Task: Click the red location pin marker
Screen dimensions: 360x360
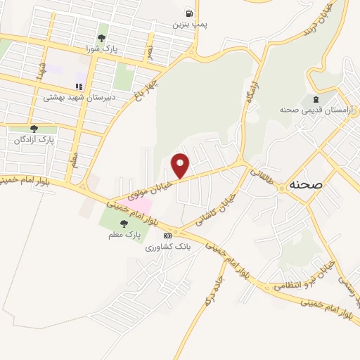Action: pyautogui.click(x=181, y=165)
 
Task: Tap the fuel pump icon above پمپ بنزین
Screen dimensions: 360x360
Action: pyautogui.click(x=188, y=13)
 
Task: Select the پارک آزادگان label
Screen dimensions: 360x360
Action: pyautogui.click(x=34, y=141)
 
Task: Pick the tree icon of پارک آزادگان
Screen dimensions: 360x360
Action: pyautogui.click(x=34, y=129)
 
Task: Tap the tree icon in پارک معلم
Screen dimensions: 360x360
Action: pyautogui.click(x=124, y=223)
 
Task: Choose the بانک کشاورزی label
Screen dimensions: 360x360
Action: pyautogui.click(x=167, y=247)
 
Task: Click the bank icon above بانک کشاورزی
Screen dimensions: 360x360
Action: pyautogui.click(x=167, y=236)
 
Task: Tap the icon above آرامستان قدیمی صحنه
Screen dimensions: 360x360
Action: pyautogui.click(x=315, y=98)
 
